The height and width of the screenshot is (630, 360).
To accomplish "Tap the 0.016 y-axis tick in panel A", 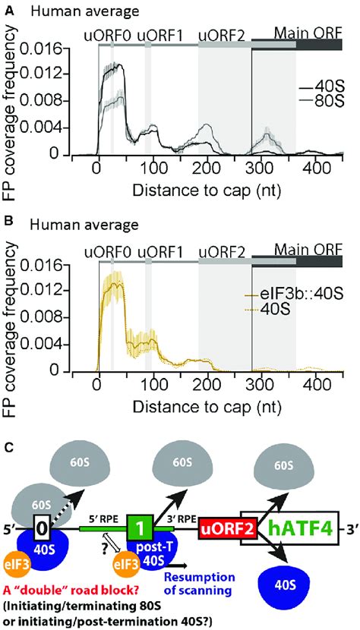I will pos(46,47).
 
